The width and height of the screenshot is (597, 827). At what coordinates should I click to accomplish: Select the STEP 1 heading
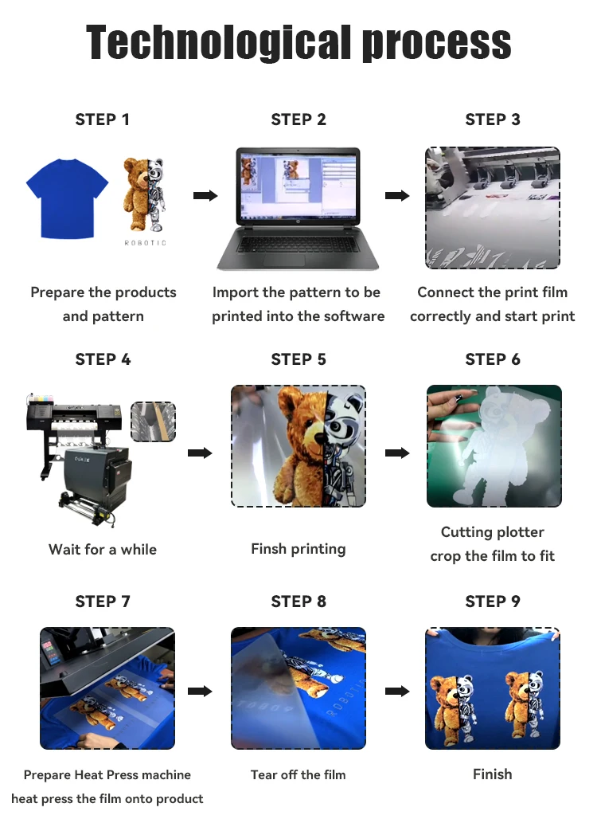[103, 120]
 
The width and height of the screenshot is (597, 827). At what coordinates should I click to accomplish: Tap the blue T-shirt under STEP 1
[67, 198]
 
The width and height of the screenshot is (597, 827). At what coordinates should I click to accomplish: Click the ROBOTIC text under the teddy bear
[145, 243]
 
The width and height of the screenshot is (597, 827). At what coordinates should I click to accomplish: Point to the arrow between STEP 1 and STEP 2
[205, 196]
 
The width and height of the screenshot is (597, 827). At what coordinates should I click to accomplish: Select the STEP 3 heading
[493, 120]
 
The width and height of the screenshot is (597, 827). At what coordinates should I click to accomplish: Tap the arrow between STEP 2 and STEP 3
[396, 196]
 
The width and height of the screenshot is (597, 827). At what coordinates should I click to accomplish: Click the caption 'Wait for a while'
[103, 549]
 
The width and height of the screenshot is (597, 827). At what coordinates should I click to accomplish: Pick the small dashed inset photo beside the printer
[153, 421]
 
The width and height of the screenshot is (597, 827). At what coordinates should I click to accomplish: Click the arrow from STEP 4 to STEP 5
[200, 453]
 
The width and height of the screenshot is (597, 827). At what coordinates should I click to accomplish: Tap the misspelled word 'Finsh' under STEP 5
[268, 549]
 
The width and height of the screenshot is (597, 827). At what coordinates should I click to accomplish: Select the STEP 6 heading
[493, 359]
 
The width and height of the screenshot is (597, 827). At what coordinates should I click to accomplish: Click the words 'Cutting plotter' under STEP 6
[493, 531]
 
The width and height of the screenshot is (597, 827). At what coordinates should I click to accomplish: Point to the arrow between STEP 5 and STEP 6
[396, 453]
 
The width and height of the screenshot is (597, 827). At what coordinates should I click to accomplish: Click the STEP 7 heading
[103, 601]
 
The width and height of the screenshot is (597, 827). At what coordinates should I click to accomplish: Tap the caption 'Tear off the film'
[298, 774]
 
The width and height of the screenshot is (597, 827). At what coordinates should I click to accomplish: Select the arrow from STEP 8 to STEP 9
[396, 691]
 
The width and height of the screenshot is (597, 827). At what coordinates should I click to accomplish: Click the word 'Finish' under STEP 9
[493, 774]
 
